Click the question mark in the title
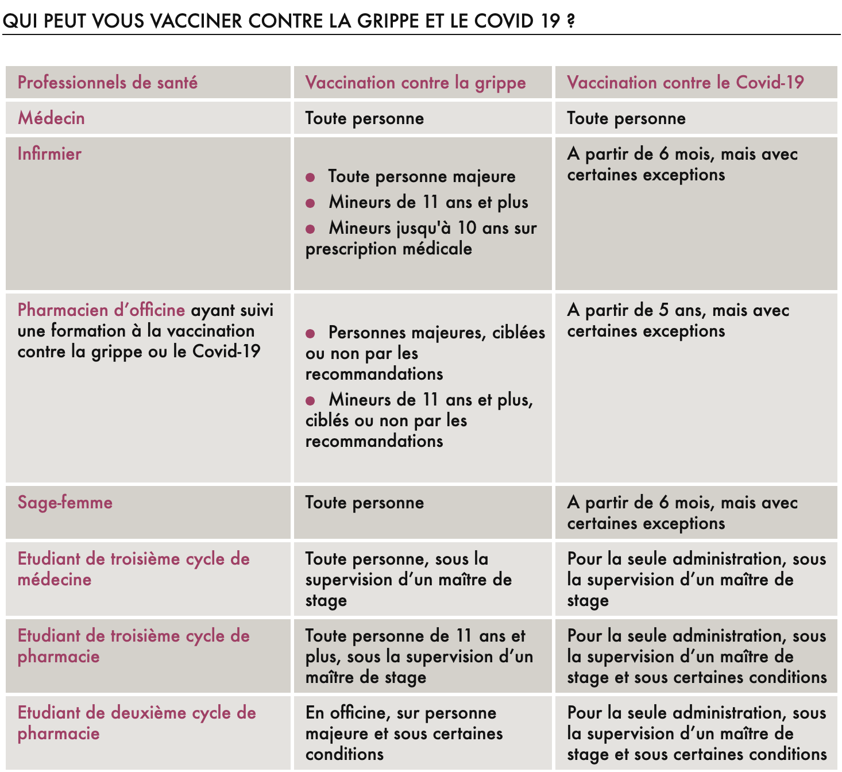[570, 21]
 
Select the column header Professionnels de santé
[107, 83]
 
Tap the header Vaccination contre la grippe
[415, 83]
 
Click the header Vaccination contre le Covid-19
[685, 83]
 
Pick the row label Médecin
[51, 118]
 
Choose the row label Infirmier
[49, 154]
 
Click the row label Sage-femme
[65, 503]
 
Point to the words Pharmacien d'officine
[101, 310]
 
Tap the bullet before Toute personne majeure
[310, 177]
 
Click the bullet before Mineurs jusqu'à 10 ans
[310, 229]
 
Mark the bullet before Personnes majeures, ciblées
[310, 334]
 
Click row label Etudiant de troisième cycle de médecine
[133, 569]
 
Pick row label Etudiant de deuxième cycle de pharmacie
[136, 723]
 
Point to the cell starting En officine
[404, 733]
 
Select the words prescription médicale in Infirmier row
[388, 249]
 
